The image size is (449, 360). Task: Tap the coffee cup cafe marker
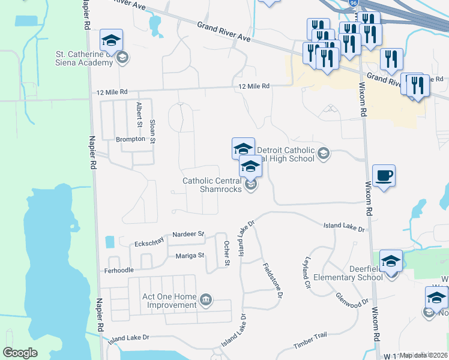tap(384, 176)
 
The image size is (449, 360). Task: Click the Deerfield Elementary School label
tap(354, 273)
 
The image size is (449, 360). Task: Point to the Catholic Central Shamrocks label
tap(212, 184)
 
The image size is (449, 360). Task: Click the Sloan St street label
tap(152, 131)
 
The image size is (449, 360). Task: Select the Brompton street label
tap(130, 139)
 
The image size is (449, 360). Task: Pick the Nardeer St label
tap(188, 233)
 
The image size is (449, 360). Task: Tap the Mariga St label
tap(190, 256)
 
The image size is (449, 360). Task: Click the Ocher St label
tap(227, 253)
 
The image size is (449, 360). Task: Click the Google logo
tap(20, 352)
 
